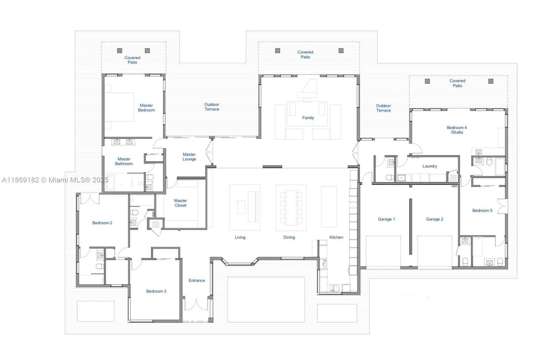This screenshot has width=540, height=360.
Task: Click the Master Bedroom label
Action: point(146,108)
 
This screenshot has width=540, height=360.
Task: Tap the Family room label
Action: point(308,118)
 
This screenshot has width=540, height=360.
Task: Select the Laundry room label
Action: point(430,166)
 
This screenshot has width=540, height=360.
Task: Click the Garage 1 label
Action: point(386,219)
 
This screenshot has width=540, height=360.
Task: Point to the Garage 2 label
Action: point(434,219)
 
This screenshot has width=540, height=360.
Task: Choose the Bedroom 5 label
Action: point(482,210)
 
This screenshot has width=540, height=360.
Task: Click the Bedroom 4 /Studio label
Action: point(457,130)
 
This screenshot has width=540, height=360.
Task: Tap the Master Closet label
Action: point(181,203)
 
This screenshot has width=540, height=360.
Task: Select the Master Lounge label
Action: point(189,157)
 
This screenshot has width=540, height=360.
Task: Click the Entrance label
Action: point(197,280)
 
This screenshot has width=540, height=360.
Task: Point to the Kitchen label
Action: point(336,237)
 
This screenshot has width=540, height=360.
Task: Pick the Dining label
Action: point(289,237)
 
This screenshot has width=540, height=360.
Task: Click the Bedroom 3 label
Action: point(156,291)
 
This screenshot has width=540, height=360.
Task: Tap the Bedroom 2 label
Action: point(102,223)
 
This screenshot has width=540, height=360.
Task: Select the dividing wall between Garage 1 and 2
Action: point(410,226)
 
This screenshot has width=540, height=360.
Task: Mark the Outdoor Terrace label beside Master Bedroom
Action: point(212,107)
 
